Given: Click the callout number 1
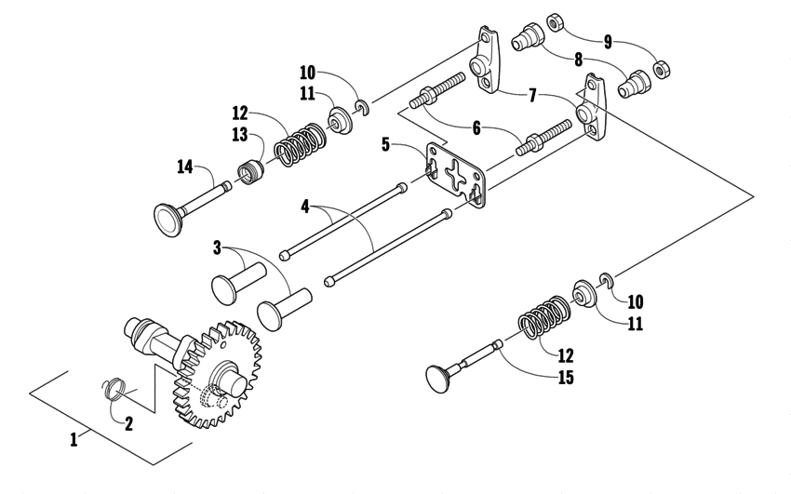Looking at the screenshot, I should pos(74,438).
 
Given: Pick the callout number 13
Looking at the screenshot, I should pos(240,134).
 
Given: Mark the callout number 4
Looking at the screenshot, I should pos(305,206).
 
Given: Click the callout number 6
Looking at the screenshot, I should pos(476,129).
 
